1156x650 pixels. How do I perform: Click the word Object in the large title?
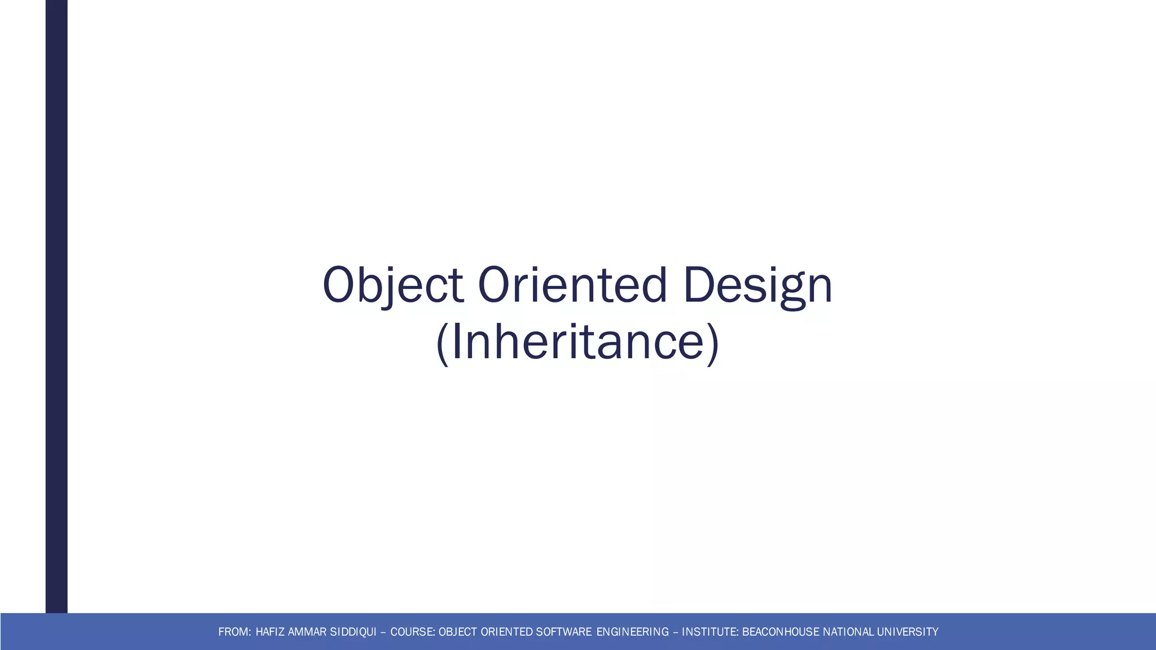[x=392, y=285]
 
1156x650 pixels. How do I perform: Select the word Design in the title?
[x=757, y=285]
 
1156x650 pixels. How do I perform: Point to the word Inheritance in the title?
[x=577, y=342]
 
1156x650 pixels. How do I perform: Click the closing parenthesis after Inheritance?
[x=713, y=344]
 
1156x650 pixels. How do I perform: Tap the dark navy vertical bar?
[x=56, y=305]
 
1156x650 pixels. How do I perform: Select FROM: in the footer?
[x=234, y=632]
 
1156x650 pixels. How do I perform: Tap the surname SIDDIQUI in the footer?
[x=353, y=632]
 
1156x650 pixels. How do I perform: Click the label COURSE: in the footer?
[x=413, y=632]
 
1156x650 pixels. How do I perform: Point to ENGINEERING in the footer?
[x=632, y=632]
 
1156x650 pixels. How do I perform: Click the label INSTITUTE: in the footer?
[x=710, y=632]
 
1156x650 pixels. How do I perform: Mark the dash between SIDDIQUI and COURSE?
[x=383, y=633]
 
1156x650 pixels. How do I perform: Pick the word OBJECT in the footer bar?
[x=458, y=632]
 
